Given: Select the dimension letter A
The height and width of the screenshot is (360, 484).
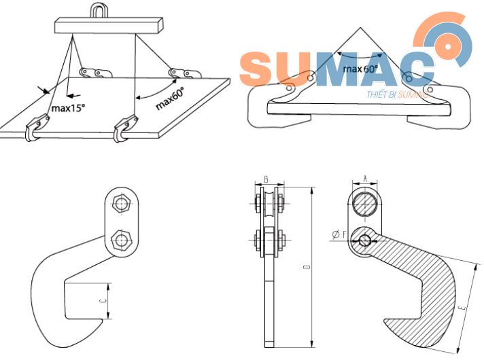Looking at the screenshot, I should [366, 179].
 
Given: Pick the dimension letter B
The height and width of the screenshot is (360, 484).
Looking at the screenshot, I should [266, 180].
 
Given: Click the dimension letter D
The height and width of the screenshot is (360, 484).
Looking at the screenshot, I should [307, 268].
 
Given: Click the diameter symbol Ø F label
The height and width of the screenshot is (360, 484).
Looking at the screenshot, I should [340, 235].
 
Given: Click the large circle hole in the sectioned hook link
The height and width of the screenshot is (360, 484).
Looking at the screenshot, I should [366, 203].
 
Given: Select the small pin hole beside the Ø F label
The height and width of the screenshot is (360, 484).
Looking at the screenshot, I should [366, 239].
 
